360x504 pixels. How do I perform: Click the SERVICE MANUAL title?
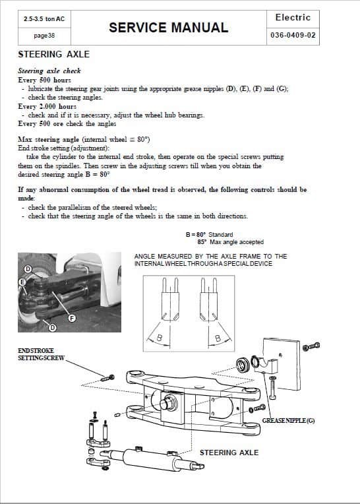click(x=169, y=28)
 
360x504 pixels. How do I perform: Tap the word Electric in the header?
click(x=293, y=17)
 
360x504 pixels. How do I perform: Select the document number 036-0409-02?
click(x=293, y=35)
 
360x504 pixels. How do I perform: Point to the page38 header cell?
click(x=44, y=36)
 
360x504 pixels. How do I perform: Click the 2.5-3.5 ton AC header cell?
click(x=44, y=19)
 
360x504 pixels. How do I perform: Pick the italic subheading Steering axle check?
click(x=49, y=71)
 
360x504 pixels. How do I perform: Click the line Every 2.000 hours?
click(x=47, y=106)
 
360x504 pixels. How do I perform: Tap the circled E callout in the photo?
click(x=22, y=282)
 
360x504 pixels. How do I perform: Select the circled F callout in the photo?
click(x=73, y=318)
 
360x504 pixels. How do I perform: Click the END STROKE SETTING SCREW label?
click(x=41, y=354)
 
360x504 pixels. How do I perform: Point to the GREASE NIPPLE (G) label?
click(x=288, y=420)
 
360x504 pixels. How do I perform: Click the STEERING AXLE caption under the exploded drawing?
click(x=229, y=453)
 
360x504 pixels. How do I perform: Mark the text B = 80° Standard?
click(x=210, y=235)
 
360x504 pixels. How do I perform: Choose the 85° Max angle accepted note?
click(x=231, y=242)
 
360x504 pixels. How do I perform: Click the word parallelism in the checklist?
click(x=75, y=208)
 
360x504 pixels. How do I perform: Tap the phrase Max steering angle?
click(x=49, y=139)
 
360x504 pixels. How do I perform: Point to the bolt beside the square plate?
click(x=311, y=346)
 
